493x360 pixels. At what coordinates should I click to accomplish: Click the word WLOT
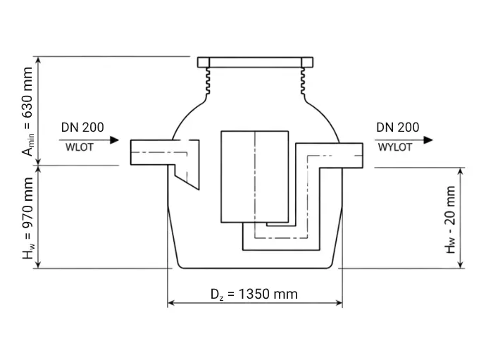click(x=79, y=147)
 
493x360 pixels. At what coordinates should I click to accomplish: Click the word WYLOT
click(x=395, y=147)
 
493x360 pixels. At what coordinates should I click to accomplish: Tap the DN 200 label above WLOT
click(x=82, y=128)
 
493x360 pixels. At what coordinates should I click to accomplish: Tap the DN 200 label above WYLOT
click(x=398, y=128)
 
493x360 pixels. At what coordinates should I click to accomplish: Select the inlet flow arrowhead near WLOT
click(x=114, y=140)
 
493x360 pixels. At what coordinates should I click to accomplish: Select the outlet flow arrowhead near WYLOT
click(x=428, y=140)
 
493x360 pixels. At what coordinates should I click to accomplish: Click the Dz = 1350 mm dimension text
click(x=254, y=294)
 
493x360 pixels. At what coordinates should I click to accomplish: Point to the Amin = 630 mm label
click(x=27, y=111)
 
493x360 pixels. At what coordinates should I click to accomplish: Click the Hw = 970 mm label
click(x=27, y=218)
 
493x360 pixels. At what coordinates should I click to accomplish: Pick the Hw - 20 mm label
click(x=450, y=220)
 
